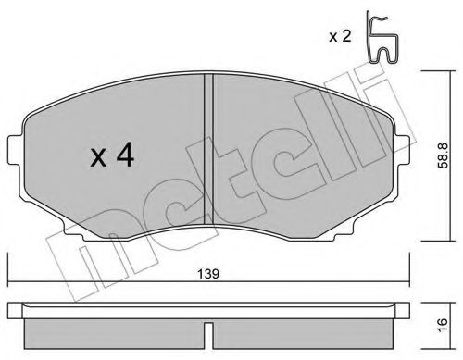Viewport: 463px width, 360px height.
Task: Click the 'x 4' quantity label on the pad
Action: pos(112,156)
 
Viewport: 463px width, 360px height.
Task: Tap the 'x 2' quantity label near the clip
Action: pos(340,37)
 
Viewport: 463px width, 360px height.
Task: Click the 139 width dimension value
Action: pos(208,274)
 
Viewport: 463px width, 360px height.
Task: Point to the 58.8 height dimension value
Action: pos(444,155)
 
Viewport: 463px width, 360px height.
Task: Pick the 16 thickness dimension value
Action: pos(443,325)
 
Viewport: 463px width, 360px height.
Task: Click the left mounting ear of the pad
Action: pos(16,151)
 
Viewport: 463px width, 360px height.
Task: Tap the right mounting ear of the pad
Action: pos(403,150)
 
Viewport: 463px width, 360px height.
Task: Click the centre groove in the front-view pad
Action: pos(209,149)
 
